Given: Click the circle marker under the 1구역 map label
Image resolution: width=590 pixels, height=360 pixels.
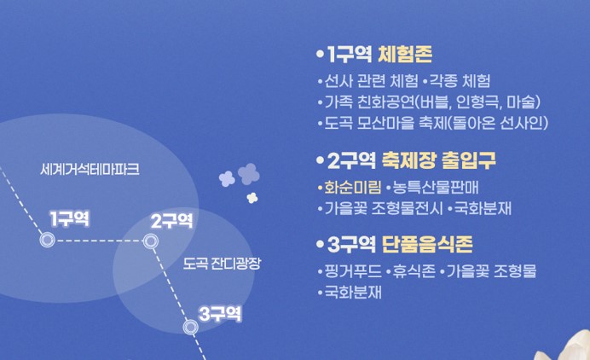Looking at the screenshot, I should (48, 241).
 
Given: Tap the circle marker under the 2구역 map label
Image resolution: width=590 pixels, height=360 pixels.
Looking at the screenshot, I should (151, 241).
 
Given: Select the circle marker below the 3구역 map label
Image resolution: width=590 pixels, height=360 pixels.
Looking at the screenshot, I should (191, 326).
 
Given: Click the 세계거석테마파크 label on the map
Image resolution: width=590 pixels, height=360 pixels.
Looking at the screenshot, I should (90, 170).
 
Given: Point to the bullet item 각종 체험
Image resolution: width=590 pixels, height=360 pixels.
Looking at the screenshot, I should (459, 82).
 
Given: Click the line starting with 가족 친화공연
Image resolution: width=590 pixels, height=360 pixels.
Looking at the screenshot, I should (432, 102).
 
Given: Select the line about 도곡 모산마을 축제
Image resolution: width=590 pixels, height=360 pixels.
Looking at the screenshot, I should (435, 123).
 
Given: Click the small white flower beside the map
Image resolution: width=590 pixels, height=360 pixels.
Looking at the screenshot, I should (252, 198).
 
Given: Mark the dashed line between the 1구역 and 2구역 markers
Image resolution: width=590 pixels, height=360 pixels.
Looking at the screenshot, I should (99, 241).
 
